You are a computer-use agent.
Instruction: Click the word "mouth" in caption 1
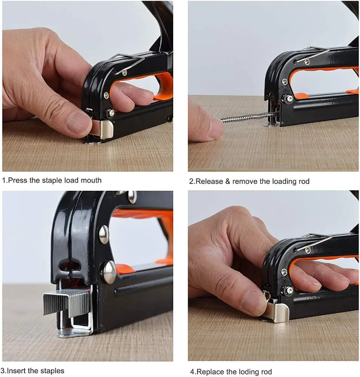point(90,180)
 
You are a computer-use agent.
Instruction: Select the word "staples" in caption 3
point(51,371)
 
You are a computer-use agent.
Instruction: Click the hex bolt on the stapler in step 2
point(288,98)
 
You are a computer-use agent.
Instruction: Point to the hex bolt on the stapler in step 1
point(110,112)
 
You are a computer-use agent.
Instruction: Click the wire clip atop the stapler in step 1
point(128,62)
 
